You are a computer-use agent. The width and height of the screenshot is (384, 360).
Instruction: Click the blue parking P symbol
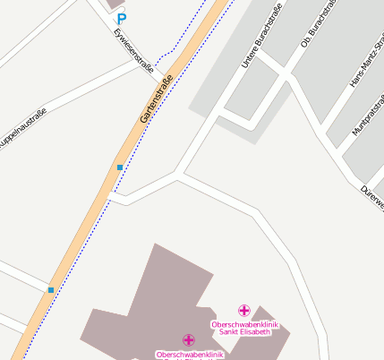click(122, 18)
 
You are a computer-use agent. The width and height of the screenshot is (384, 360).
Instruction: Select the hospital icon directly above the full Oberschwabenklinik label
click(244, 310)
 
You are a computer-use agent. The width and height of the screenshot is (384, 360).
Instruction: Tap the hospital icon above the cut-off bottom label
click(188, 340)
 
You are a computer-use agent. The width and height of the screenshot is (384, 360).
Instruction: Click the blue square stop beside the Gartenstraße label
click(119, 167)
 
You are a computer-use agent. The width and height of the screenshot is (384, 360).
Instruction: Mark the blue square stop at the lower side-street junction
click(51, 290)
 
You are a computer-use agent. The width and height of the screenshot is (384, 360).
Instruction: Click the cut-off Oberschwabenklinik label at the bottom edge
click(188, 355)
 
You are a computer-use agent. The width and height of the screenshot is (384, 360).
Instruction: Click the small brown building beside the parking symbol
click(115, 4)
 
